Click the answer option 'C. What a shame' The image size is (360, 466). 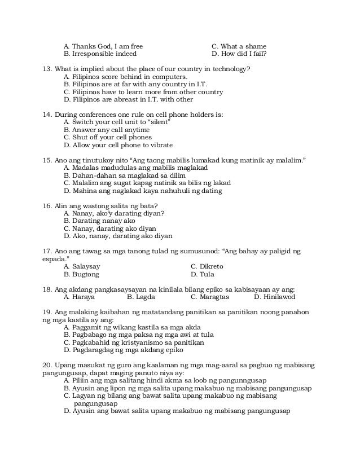[x=238, y=46]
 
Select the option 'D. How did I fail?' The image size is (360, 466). [x=239, y=55]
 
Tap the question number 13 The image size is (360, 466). [x=47, y=69]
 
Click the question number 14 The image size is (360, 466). [x=47, y=115]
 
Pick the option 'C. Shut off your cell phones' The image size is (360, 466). [x=108, y=137]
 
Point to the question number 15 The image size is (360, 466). [x=47, y=160]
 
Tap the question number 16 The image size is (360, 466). [x=47, y=205]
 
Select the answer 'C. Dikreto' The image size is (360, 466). [x=207, y=266]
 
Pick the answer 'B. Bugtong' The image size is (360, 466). [x=81, y=274]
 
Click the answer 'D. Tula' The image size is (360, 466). [x=202, y=274]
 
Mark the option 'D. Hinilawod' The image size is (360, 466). [x=274, y=297]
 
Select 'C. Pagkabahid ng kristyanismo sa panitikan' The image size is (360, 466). [x=134, y=342]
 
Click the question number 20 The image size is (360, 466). [x=47, y=364]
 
